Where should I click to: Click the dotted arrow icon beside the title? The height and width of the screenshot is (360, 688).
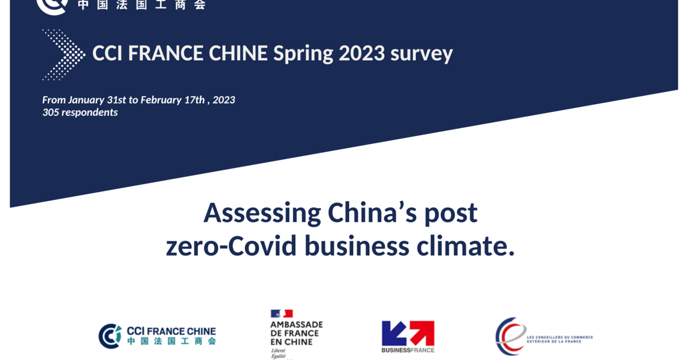click(x=63, y=54)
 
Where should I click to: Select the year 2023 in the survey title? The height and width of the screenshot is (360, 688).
click(x=361, y=53)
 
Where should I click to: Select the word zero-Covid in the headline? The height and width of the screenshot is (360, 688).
click(x=231, y=246)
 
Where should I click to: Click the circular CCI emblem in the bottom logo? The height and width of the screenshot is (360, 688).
click(x=110, y=336)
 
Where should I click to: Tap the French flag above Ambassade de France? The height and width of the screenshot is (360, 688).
click(x=282, y=314)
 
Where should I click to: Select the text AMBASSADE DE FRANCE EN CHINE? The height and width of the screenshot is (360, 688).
click(x=296, y=333)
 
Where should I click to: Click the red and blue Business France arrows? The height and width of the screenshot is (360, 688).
click(x=408, y=333)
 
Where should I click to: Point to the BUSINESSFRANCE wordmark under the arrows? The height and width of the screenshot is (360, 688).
click(x=408, y=350)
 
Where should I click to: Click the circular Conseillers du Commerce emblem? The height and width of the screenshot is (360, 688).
click(x=510, y=336)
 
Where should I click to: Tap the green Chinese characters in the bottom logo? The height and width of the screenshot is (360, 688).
click(x=171, y=341)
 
